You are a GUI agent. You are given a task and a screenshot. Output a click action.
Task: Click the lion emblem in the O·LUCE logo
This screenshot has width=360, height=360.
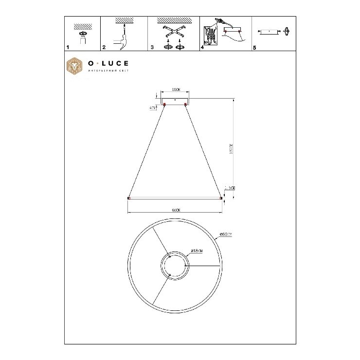[75, 68]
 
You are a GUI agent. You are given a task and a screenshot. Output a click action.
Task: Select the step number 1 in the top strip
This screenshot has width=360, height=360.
[68, 48]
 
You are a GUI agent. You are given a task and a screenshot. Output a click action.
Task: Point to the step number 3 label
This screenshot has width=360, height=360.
[152, 48]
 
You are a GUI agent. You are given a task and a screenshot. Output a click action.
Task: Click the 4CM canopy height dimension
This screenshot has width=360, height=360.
[152, 108]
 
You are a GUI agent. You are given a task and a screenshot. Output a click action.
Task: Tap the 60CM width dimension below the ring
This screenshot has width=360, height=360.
[175, 210]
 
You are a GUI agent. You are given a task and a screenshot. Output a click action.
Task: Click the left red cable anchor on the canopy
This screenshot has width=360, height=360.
[165, 104]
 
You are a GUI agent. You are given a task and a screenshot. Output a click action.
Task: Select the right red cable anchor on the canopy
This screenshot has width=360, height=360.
[186, 104]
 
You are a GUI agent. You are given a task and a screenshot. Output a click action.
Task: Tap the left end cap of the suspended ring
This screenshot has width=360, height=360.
[128, 198]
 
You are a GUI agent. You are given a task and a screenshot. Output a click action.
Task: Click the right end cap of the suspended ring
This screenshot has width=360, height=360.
[221, 198]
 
